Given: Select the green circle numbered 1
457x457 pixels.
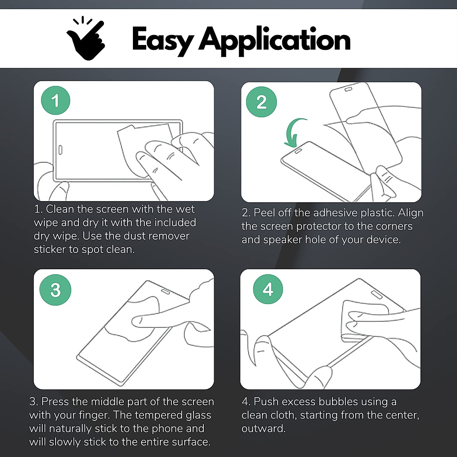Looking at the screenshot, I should (x=56, y=101).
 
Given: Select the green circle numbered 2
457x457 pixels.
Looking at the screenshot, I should (x=261, y=102).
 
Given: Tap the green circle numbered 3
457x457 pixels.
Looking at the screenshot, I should (x=56, y=290).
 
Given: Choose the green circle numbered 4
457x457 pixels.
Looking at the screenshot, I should (x=268, y=289).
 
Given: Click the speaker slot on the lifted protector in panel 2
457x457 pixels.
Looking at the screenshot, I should (x=348, y=89).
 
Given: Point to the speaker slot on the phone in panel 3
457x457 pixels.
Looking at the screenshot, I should (x=166, y=292).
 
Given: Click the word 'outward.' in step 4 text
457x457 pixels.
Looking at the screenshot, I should (x=264, y=428).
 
